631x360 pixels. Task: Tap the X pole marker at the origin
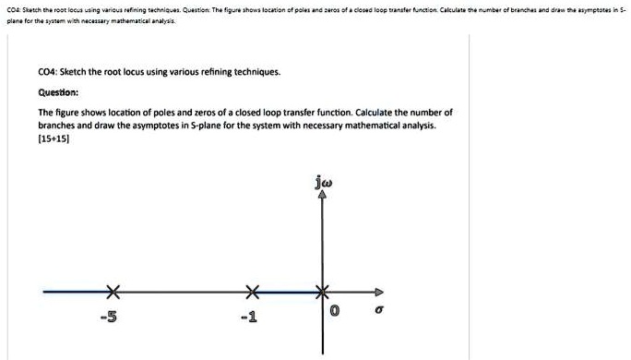323,293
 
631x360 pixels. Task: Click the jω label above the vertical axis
322,183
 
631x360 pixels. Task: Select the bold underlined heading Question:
58,92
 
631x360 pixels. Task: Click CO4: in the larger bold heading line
50,71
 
